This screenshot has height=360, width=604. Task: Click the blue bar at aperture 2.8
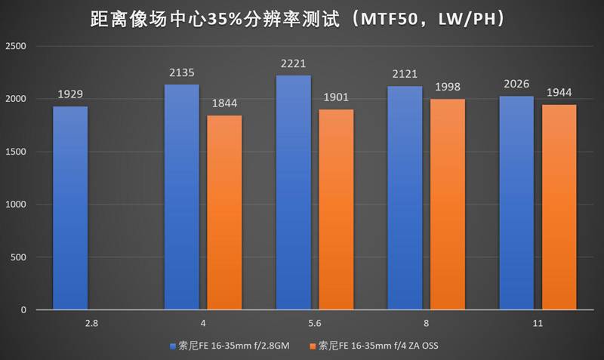(x=70, y=208)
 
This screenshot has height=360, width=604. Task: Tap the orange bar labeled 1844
(x=224, y=212)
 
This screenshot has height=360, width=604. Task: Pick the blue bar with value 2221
(x=294, y=192)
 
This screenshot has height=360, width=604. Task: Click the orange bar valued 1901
(x=336, y=209)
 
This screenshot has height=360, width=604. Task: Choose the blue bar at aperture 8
(x=405, y=198)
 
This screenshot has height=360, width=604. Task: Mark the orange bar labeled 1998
(x=448, y=204)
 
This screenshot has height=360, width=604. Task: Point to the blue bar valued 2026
(x=516, y=202)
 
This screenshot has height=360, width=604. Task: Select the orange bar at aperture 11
(x=559, y=207)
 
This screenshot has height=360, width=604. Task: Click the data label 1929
(x=70, y=95)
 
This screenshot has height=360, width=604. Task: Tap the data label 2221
(x=294, y=63)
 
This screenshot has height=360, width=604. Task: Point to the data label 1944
(x=559, y=93)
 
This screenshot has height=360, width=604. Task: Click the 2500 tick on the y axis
(x=15, y=46)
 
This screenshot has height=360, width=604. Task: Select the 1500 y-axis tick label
(x=15, y=152)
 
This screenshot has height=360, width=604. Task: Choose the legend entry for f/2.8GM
(x=236, y=346)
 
